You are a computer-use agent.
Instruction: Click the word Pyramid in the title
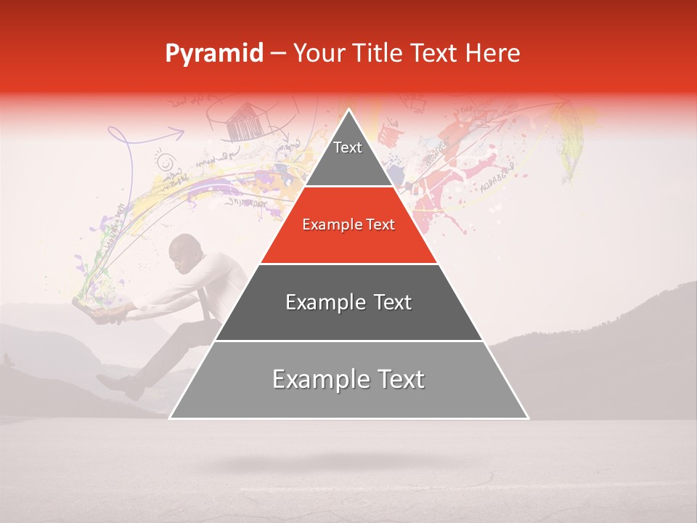click(213, 54)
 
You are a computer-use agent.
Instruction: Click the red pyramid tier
click(348, 225)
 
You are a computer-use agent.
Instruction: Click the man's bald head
click(181, 251)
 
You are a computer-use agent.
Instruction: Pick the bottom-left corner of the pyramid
click(170, 418)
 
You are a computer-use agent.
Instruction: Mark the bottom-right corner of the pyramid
click(528, 418)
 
